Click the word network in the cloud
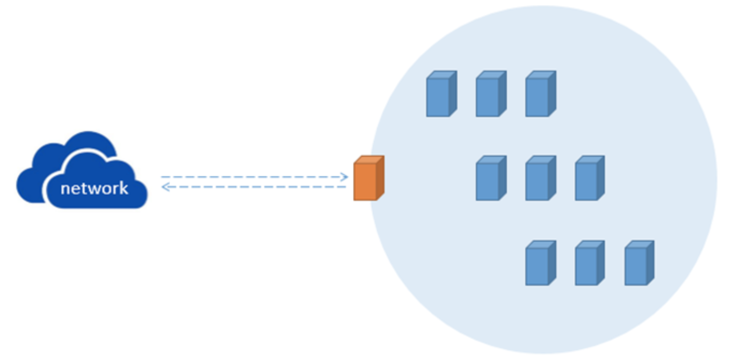(x=95, y=189)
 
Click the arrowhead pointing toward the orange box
(x=344, y=176)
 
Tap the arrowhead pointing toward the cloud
(x=165, y=187)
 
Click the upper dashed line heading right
(x=252, y=176)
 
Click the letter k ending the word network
(x=124, y=188)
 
